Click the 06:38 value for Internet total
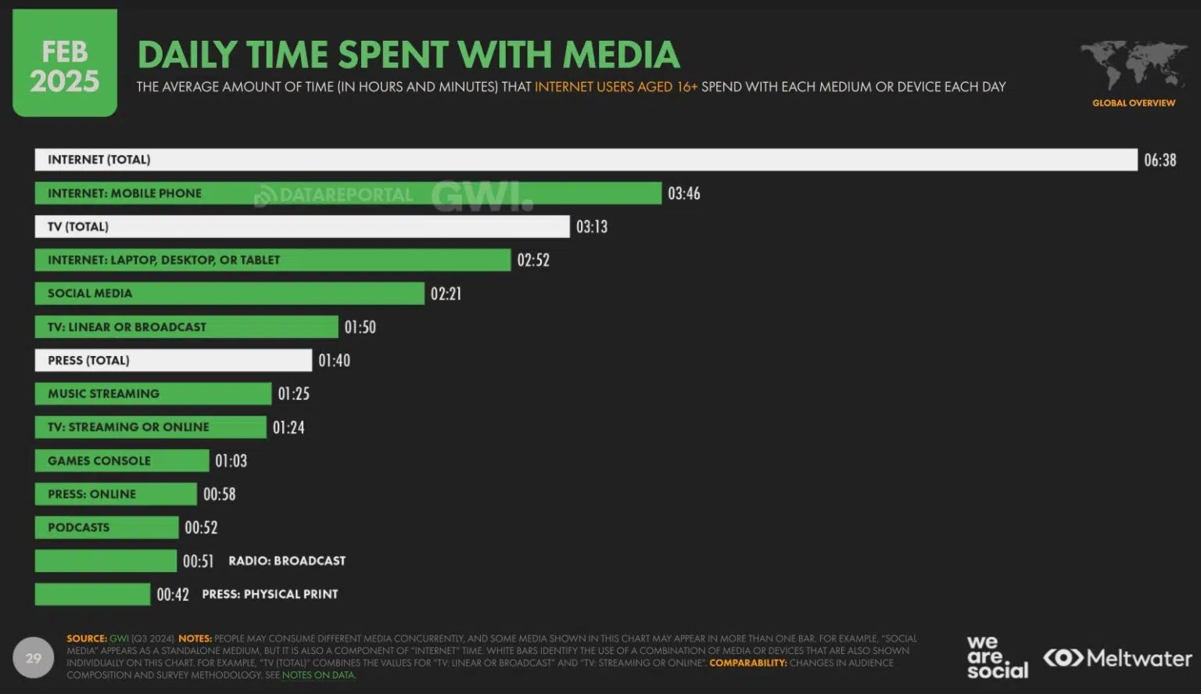[x=1160, y=160]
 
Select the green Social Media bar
[x=229, y=293]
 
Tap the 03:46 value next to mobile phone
[x=683, y=193]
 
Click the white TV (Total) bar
[x=302, y=227]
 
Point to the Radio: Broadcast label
[x=286, y=561]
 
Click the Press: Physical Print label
[x=270, y=595]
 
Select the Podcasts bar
[x=106, y=527]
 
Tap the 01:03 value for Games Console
[x=231, y=461]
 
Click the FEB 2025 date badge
[x=65, y=64]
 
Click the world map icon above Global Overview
[x=1133, y=65]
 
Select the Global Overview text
[x=1133, y=103]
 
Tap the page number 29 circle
[x=33, y=658]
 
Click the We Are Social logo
[x=997, y=657]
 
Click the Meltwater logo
[x=1118, y=658]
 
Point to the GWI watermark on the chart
[x=482, y=196]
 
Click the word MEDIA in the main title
[x=621, y=55]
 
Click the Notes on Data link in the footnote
[x=317, y=674]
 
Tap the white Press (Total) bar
[x=173, y=361]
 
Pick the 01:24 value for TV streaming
[x=289, y=427]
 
